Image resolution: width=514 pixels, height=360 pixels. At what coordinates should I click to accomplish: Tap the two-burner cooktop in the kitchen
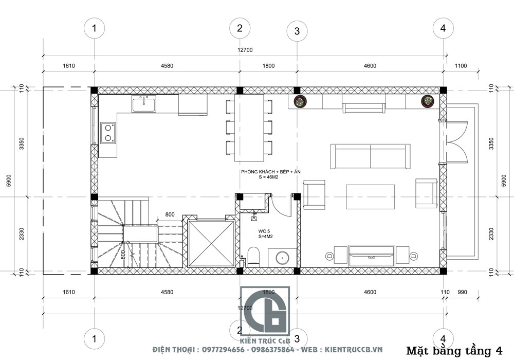(108, 132)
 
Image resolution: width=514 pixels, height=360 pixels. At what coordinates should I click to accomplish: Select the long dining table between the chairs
(247, 126)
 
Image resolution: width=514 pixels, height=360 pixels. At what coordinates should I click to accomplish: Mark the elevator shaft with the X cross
(211, 243)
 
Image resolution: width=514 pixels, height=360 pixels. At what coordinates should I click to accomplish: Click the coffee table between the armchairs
(371, 195)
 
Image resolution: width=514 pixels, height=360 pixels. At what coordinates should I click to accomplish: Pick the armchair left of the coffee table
(314, 194)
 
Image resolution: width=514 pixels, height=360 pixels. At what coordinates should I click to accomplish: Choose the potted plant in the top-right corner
(428, 101)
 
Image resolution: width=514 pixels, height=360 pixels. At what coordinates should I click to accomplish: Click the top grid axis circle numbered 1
(94, 28)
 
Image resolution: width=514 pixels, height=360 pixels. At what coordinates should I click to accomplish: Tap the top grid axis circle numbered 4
(443, 28)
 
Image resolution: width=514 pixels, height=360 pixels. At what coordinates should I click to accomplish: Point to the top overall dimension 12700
(245, 50)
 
